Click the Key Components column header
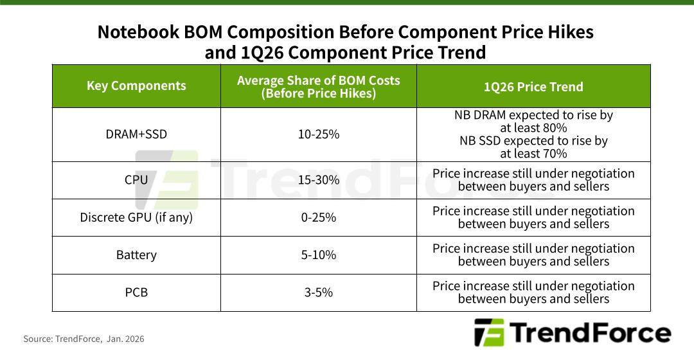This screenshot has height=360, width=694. coord(136,86)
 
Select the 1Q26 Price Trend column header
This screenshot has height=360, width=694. coord(533,86)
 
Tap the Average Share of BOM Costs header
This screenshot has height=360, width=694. coord(318,86)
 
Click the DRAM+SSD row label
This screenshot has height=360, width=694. coord(136,134)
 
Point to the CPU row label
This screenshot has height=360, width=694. coord(136,180)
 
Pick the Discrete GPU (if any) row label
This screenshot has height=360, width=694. coord(136,217)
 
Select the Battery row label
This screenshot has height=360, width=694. coord(136,255)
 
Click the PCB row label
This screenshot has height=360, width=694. coord(136,292)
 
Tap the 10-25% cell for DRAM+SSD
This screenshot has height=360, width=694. coord(318,134)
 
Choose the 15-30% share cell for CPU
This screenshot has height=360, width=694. coord(318,180)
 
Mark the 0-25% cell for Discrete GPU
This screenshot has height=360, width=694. coord(318,217)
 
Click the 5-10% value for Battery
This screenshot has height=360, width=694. coord(318,255)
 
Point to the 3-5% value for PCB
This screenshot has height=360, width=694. coord(318,292)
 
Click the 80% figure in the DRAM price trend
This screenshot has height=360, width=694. coord(555,128)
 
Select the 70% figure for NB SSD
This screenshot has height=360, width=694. coord(555,154)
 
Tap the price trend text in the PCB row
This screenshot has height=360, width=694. coord(533,292)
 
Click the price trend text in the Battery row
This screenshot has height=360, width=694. coord(533,255)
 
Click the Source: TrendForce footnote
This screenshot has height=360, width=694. coord(84,338)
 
